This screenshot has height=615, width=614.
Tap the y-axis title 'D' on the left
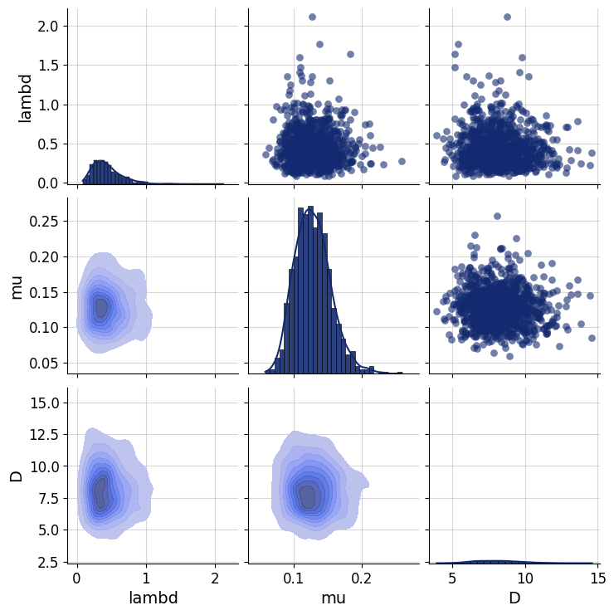(x=16, y=476)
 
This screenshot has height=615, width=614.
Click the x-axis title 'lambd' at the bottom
(x=153, y=598)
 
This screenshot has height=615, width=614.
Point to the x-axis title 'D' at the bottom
(x=514, y=598)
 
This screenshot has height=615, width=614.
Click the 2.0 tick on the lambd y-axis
(x=47, y=26)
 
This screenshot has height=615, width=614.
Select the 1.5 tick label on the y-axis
(x=47, y=65)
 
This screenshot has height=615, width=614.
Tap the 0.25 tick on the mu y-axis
(x=43, y=221)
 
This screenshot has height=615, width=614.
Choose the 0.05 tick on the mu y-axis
(x=43, y=363)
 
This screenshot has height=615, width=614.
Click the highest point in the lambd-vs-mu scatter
(x=312, y=17)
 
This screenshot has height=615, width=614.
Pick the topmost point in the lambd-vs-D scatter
(x=507, y=17)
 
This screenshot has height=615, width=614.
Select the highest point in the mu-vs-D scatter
(x=497, y=216)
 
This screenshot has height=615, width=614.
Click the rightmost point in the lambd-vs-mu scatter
(x=402, y=162)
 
